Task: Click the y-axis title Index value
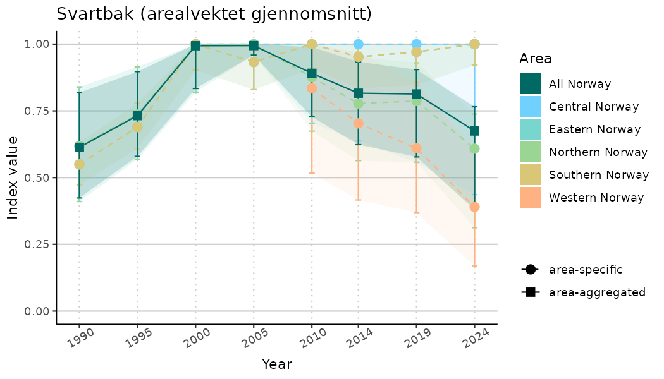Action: click(x=13, y=177)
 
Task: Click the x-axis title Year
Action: click(x=277, y=364)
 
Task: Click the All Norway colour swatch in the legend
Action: click(x=531, y=83)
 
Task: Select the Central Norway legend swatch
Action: click(x=531, y=106)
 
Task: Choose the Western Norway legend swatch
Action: click(x=531, y=198)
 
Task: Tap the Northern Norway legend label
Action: click(x=598, y=152)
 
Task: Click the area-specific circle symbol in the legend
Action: click(x=530, y=270)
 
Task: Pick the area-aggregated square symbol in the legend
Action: click(x=530, y=292)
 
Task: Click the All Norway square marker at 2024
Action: click(x=474, y=131)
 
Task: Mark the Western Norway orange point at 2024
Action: click(x=474, y=207)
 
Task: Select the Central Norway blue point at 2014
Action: click(x=359, y=44)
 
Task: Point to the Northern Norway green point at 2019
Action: click(x=416, y=100)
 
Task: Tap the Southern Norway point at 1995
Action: click(x=137, y=127)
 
